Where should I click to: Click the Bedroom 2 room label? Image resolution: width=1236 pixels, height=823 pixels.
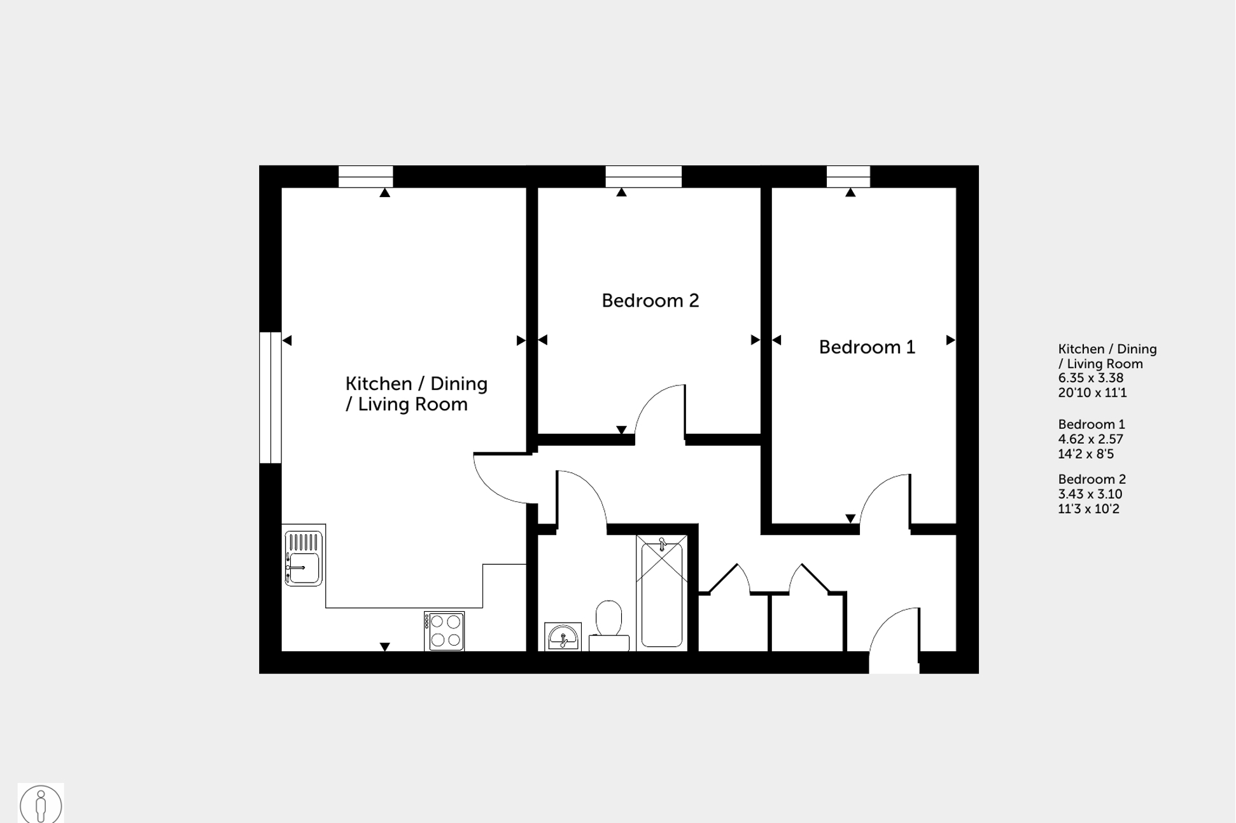tap(650, 300)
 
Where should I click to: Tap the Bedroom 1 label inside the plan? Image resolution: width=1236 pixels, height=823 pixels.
tap(866, 347)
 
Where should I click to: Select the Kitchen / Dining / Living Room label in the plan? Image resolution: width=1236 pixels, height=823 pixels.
tap(416, 394)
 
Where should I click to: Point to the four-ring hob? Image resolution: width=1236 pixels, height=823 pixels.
tap(445, 631)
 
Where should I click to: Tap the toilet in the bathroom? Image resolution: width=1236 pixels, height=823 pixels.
tap(609, 625)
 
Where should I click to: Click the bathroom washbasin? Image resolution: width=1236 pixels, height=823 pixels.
tap(563, 637)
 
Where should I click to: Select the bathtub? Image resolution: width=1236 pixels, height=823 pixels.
tap(662, 592)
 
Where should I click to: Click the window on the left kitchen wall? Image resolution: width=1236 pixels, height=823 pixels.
tap(270, 398)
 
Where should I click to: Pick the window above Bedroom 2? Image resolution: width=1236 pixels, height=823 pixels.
tap(643, 176)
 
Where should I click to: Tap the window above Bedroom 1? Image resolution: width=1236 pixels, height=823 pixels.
tap(848, 176)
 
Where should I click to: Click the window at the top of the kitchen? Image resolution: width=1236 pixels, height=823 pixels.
tap(365, 176)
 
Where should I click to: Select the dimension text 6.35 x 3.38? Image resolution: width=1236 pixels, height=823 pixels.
tap(1091, 378)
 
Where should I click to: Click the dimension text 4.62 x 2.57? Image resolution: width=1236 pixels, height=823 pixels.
tap(1091, 439)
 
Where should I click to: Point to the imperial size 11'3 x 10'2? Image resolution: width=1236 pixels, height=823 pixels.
tap(1088, 509)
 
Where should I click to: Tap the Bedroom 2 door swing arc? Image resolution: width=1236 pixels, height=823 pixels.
tap(659, 410)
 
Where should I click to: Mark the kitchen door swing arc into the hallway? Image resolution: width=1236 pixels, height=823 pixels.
tap(500, 480)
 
